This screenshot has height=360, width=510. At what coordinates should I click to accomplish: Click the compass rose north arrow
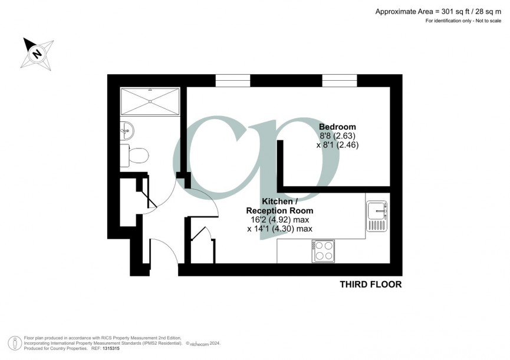click(37, 53)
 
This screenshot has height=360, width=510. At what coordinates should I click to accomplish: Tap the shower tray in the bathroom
click(150, 101)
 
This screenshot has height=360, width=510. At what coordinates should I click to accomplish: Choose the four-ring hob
click(323, 251)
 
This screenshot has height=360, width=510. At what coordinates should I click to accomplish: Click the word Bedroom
click(337, 127)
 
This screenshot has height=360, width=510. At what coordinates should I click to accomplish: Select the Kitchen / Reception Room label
click(279, 206)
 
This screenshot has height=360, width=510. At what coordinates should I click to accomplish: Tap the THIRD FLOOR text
click(370, 285)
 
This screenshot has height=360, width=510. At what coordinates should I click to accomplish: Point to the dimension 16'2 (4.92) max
click(279, 220)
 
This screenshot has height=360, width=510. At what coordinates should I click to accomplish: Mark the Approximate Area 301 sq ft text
click(439, 11)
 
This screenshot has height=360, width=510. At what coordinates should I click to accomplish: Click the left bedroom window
click(233, 81)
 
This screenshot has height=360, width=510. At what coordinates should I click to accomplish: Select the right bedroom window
click(340, 81)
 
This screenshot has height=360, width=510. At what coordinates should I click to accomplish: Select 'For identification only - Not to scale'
click(465, 21)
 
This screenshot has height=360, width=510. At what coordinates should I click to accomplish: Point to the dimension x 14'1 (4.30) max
click(279, 229)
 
